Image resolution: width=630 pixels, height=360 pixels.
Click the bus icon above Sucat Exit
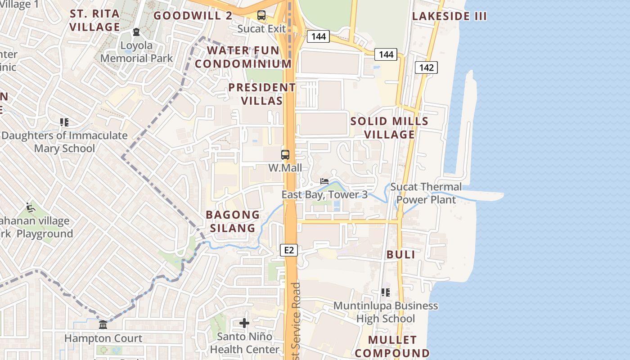(x=261, y=15)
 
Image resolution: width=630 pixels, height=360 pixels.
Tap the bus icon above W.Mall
(x=285, y=155)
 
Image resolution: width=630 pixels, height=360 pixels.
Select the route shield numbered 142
(x=426, y=67)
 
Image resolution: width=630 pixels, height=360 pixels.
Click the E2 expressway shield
(x=289, y=250)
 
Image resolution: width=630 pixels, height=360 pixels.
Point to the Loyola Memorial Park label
(x=136, y=52)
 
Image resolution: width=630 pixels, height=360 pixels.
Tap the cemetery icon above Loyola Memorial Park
(x=136, y=32)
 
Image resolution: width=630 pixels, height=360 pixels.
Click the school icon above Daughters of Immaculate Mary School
(x=64, y=122)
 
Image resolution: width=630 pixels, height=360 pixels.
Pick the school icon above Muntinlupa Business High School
(x=386, y=292)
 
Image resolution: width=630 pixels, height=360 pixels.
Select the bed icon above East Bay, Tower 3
(x=324, y=181)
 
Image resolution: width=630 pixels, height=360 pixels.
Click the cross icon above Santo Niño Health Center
(x=244, y=323)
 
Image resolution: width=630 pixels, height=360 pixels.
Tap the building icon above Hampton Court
(x=103, y=324)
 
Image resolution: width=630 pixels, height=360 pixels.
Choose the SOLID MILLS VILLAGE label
(x=389, y=128)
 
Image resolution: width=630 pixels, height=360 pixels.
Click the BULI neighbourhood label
(x=400, y=254)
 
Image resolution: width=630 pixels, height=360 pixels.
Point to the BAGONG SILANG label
(x=233, y=221)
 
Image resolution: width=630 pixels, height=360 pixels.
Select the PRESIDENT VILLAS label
(x=262, y=94)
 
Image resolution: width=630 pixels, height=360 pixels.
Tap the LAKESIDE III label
(x=450, y=16)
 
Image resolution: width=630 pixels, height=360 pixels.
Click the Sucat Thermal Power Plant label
(x=426, y=193)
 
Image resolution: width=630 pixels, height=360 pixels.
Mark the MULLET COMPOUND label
(x=392, y=346)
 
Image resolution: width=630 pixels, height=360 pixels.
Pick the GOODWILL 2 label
(x=193, y=16)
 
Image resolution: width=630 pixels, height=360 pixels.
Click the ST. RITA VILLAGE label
(x=95, y=20)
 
